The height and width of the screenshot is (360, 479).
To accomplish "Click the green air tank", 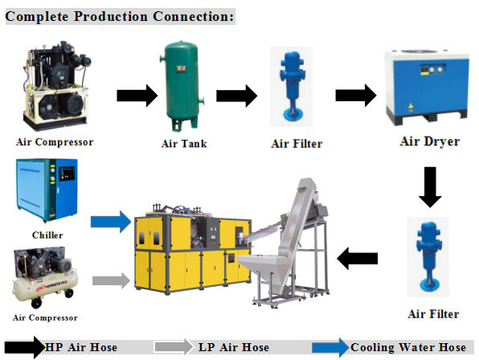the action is pos(182,87).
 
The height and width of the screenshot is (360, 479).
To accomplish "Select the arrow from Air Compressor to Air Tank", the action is pos(137,96).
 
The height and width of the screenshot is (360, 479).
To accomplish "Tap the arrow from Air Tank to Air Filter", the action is pos(237,96).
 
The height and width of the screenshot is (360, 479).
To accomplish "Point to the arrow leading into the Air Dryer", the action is pos(356,96).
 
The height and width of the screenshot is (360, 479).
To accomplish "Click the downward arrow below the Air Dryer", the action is pos(430,187).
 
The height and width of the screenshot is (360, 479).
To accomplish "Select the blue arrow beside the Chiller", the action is pos(111,222).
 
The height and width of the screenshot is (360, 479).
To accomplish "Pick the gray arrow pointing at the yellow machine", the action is pos(112,280).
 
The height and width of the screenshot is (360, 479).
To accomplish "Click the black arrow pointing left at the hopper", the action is pos(357,258).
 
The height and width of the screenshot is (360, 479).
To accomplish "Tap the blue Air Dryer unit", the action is pos(427,87).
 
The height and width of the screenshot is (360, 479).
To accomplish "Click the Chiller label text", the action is pos(47,235).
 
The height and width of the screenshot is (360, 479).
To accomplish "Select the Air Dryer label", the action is pos(430,141).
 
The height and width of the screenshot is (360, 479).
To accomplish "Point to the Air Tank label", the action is pos(184,144).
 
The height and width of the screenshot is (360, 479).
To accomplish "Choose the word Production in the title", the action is pos(111,17).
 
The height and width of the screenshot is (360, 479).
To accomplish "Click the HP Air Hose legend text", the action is pos(81,347).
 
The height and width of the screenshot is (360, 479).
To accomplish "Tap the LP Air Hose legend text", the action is pos(234,347).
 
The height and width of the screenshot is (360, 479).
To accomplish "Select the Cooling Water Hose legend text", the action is pos(408,347).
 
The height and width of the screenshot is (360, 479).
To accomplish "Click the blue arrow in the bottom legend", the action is pos(330,347).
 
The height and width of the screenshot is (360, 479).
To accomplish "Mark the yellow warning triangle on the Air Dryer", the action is pos(411,106).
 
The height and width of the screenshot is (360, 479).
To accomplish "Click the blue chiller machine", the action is pos(47,190).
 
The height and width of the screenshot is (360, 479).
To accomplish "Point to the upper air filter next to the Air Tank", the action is pos(292,87).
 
